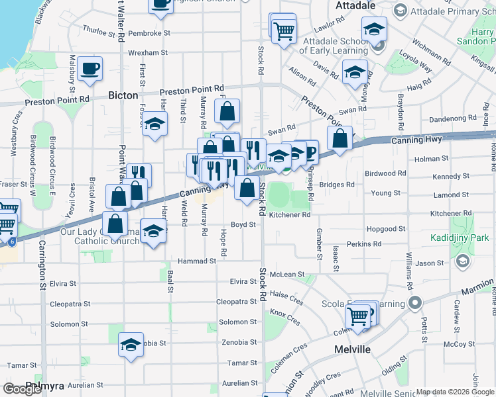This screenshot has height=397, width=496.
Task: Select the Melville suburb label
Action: click(x=352, y=349)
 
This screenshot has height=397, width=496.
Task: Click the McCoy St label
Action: click(x=456, y=344)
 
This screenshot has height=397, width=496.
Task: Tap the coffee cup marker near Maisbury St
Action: click(x=90, y=68)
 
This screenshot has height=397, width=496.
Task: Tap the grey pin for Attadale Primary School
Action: click(x=400, y=10)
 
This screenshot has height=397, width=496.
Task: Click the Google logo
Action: click(x=23, y=389)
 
